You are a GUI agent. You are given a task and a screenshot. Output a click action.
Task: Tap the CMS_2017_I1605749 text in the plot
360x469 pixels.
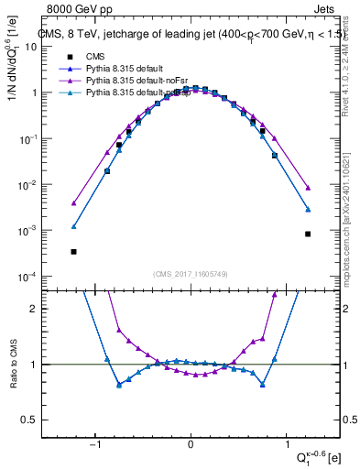[x=191, y=273]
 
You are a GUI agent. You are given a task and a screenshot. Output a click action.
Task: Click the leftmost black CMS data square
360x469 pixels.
[x=73, y=251]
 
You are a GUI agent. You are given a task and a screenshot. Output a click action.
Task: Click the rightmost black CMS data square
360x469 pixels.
[x=308, y=234]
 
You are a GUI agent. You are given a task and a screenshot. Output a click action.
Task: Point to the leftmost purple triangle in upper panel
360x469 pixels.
[x=73, y=203]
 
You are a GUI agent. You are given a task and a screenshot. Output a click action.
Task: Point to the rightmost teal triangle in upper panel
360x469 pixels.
[x=308, y=210]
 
